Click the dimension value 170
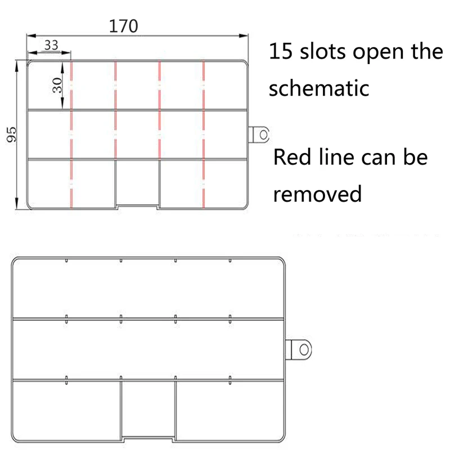click(x=123, y=26)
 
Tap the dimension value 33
click(x=51, y=46)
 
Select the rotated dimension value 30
click(x=57, y=85)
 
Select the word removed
click(x=317, y=194)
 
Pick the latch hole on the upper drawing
click(x=262, y=134)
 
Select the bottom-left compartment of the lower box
click(x=66, y=408)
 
